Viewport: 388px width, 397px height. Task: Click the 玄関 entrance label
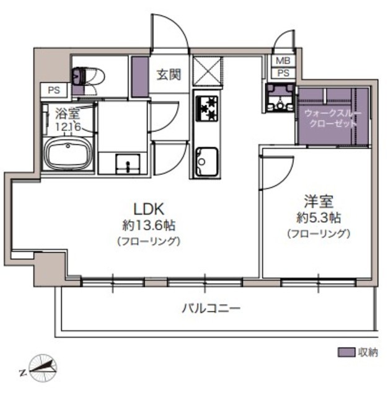click(169, 74)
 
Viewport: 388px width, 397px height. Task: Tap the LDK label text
click(149, 209)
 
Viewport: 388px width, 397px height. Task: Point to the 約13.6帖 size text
click(149, 225)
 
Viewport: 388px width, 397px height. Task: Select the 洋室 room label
click(319, 201)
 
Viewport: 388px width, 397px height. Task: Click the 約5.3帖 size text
click(319, 218)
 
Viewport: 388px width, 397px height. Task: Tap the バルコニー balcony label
click(211, 308)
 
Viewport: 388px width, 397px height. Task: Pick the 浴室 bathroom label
click(68, 114)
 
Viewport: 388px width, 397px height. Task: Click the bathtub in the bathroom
click(68, 154)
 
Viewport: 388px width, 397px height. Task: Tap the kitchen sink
click(207, 161)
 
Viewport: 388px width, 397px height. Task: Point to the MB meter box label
click(283, 61)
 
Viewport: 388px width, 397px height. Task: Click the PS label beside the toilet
click(54, 90)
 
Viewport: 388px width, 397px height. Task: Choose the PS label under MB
click(283, 73)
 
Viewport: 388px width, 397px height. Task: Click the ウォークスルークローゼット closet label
click(333, 118)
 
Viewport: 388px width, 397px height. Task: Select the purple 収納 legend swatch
click(346, 352)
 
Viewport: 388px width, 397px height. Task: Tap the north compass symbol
click(43, 368)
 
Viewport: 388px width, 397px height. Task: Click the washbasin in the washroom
click(128, 164)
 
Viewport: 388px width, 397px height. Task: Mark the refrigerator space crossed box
click(207, 71)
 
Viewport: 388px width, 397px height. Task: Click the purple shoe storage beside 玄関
click(140, 77)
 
